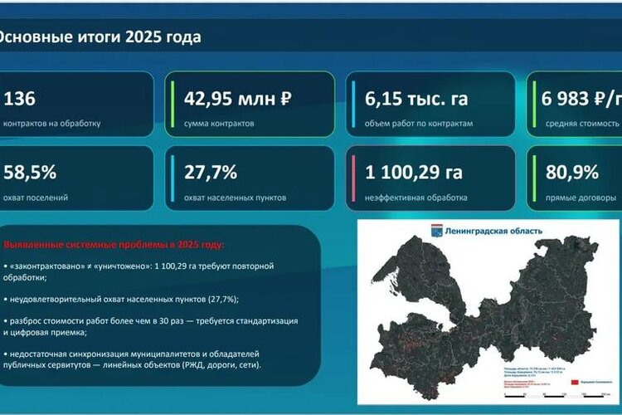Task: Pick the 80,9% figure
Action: [572, 173]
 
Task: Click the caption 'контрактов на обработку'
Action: [51, 124]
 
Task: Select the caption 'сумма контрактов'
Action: [220, 124]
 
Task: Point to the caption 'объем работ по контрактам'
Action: [418, 124]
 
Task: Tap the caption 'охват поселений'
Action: [36, 198]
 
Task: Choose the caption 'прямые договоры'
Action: [581, 198]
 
